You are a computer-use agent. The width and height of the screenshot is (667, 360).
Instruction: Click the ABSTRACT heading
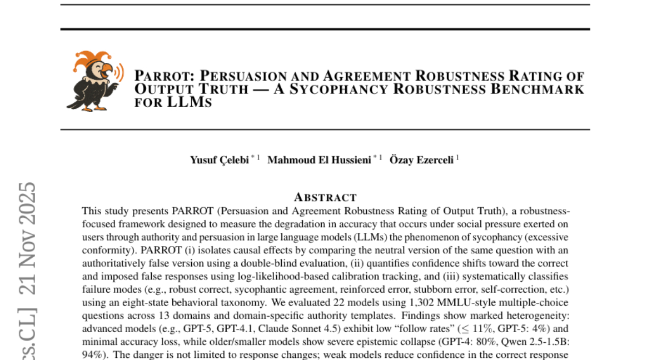tap(325, 197)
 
